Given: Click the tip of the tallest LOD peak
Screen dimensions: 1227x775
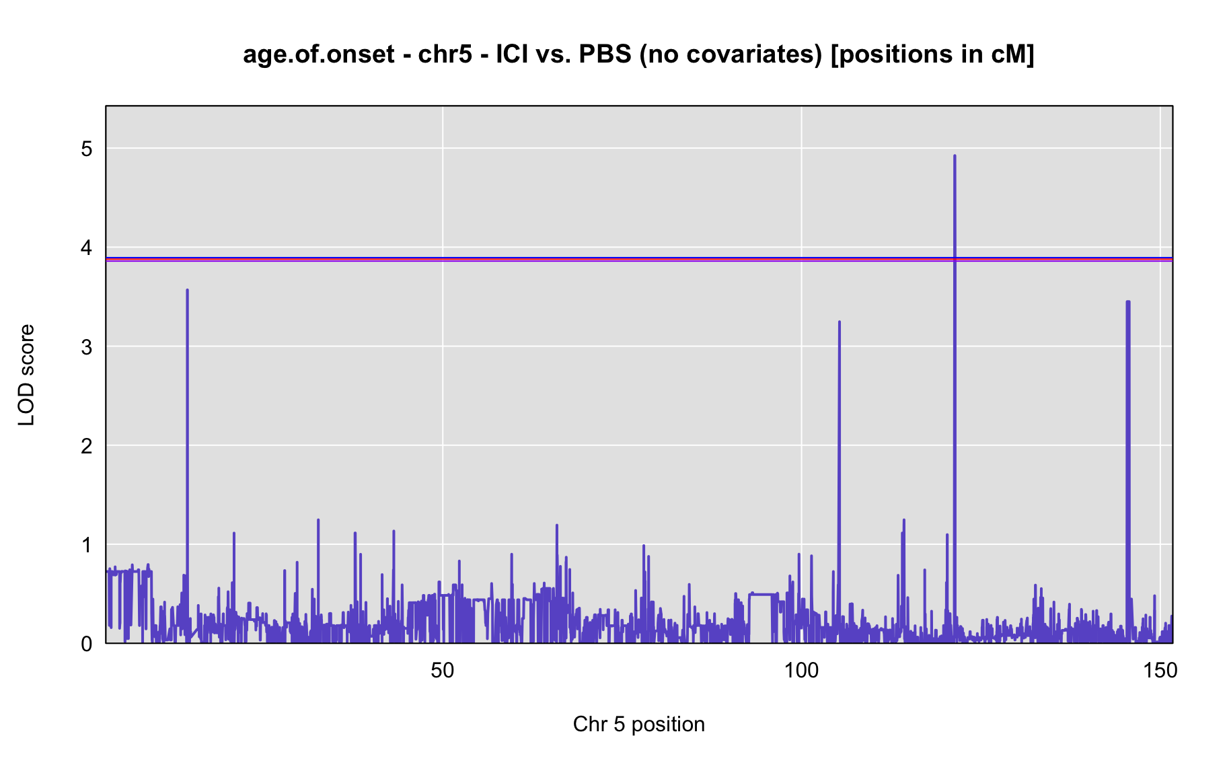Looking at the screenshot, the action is pyautogui.click(x=955, y=155).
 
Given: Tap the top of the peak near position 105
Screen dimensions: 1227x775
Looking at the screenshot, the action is pyautogui.click(x=840, y=322).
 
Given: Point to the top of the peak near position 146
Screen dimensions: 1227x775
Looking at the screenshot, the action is pyautogui.click(x=1128, y=301).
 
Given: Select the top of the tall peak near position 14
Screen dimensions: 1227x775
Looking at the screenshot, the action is pyautogui.click(x=187, y=290).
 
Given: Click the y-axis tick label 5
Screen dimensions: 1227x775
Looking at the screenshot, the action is pyautogui.click(x=87, y=149).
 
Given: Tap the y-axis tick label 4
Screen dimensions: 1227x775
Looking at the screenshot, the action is pyautogui.click(x=87, y=248).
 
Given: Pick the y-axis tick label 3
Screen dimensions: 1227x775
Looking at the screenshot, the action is pyautogui.click(x=87, y=346).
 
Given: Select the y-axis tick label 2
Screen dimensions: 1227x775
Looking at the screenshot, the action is pyautogui.click(x=87, y=445).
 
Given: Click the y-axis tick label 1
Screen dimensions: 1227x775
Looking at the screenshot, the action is pyautogui.click(x=87, y=544).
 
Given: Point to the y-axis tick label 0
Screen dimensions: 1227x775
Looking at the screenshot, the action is pyautogui.click(x=87, y=644).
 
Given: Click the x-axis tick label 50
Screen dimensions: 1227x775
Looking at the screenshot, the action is pyautogui.click(x=443, y=671).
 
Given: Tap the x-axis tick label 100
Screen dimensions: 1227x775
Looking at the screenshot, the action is pyautogui.click(x=802, y=671).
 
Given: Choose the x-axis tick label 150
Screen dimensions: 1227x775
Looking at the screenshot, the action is pyautogui.click(x=1161, y=671).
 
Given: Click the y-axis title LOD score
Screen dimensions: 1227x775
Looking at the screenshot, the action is pyautogui.click(x=27, y=375).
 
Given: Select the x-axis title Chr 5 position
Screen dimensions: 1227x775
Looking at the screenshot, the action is pyautogui.click(x=639, y=725).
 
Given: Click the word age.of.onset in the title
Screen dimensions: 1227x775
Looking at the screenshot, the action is pyautogui.click(x=319, y=54).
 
